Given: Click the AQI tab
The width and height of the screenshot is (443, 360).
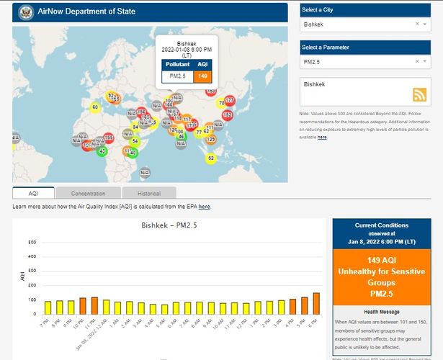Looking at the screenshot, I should tap(33, 193).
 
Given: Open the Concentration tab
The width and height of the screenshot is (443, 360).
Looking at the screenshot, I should tap(88, 193).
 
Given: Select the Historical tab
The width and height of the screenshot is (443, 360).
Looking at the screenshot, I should tap(149, 193).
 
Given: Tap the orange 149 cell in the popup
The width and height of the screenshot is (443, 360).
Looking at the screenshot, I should tap(202, 76).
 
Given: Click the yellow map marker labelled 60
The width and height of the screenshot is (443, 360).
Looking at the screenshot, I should tap(95, 107).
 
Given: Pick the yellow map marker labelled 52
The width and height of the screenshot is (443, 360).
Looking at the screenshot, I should tap(210, 158).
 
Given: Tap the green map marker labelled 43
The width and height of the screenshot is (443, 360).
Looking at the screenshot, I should tap(102, 151).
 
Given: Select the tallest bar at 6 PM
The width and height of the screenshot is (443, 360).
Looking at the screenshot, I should tap(316, 303).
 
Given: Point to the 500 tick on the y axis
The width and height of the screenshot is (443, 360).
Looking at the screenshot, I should tap(32, 242).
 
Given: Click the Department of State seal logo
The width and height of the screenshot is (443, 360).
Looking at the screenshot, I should tap(24, 12).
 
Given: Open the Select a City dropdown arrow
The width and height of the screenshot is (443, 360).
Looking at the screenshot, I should tap(426, 24).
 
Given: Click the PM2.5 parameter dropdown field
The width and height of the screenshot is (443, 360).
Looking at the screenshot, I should tap(357, 62).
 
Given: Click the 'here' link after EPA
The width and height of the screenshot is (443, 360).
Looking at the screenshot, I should tap(205, 207).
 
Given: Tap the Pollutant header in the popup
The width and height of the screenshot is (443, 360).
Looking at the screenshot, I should tap(178, 64).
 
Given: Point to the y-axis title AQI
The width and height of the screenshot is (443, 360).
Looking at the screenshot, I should tap(21, 277).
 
